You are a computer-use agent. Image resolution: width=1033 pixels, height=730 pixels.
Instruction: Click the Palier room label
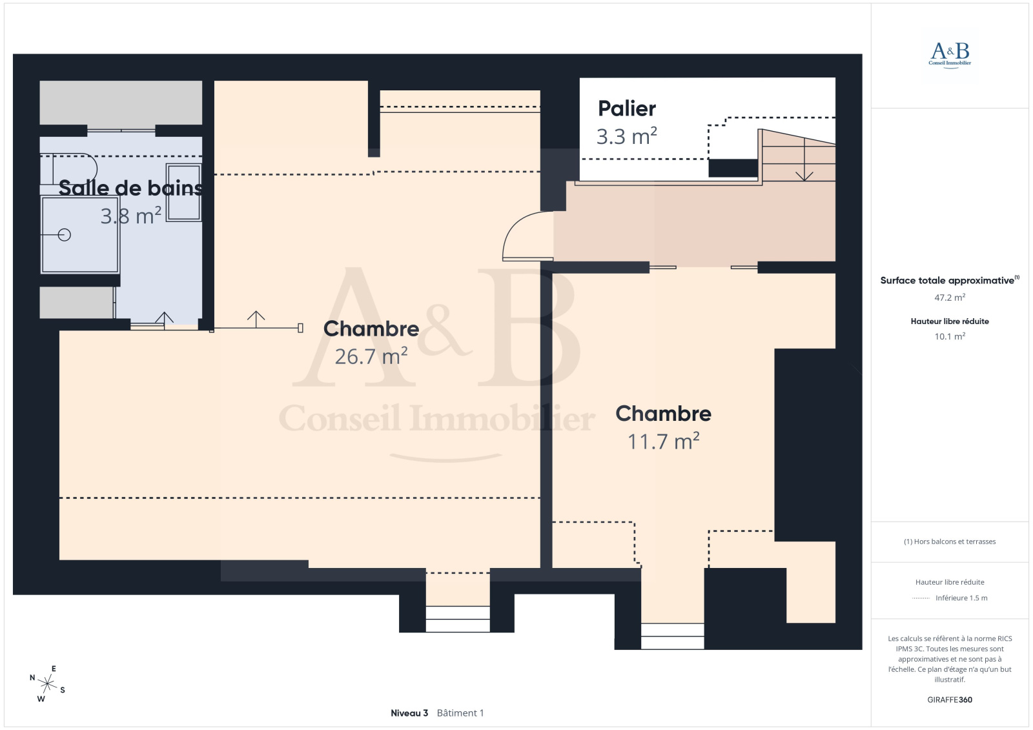(x=627, y=109)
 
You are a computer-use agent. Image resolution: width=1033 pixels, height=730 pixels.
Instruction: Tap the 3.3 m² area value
(x=627, y=136)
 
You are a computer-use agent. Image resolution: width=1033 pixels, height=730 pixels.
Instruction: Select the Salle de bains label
(x=130, y=188)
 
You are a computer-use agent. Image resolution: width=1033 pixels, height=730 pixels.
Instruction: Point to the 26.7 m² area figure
(x=371, y=356)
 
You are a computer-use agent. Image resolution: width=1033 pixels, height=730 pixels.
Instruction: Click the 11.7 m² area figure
(x=664, y=441)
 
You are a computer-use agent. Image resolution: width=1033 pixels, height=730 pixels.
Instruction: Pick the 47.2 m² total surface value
(x=950, y=298)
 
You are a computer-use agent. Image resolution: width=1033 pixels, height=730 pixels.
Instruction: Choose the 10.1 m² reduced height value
(x=950, y=336)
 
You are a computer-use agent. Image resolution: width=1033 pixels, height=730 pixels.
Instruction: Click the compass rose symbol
(x=47, y=684)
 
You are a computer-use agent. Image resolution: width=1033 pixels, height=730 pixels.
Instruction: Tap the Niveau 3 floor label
(x=409, y=713)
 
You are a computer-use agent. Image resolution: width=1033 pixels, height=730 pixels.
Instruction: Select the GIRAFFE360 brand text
(x=950, y=700)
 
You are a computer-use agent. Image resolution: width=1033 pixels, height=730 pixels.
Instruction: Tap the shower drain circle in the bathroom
(x=65, y=235)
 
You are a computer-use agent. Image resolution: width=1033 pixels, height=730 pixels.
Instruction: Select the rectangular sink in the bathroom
(x=183, y=192)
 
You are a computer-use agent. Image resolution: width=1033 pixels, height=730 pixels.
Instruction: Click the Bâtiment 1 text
(x=460, y=713)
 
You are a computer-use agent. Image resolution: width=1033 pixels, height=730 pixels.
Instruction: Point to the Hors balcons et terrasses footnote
(x=950, y=542)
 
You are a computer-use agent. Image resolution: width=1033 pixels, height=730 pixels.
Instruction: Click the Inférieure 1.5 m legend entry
(x=961, y=598)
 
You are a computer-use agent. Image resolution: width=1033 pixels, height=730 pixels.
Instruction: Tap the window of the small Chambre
(x=672, y=636)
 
